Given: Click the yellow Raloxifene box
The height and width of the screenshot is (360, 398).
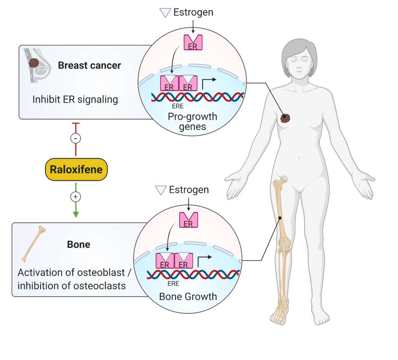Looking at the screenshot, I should click(76, 170).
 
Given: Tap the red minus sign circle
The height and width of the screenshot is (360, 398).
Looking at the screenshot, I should click(76, 138).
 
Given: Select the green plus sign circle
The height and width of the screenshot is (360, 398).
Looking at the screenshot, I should click(76, 197).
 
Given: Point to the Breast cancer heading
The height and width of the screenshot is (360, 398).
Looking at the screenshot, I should click(89, 65).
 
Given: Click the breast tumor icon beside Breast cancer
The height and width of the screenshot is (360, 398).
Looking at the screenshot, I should click(35, 63).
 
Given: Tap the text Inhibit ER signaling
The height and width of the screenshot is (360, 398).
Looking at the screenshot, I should click(75, 100).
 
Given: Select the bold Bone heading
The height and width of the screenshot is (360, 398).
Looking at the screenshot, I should click(79, 245).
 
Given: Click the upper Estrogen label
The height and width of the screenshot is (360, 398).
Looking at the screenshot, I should click(193, 12).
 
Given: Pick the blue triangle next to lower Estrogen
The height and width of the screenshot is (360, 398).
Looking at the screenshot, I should click(161, 190).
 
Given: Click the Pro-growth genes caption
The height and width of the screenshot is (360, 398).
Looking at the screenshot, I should click(192, 121).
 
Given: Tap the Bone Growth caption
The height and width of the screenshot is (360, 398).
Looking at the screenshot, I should click(188, 297).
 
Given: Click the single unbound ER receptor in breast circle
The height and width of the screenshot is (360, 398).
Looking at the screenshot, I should click(193, 42).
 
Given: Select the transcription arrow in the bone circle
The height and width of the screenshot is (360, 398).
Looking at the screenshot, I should click(205, 258).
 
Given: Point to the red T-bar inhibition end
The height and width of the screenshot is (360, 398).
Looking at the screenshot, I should click(76, 124).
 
